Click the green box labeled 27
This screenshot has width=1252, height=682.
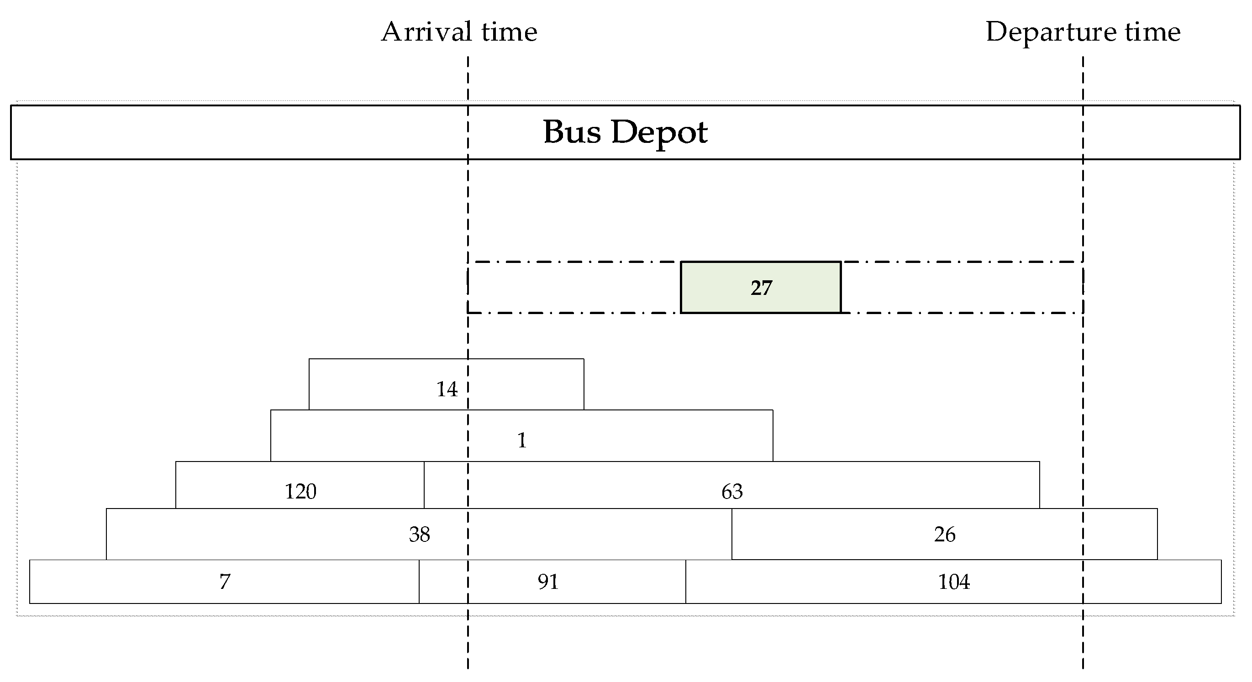(x=761, y=288)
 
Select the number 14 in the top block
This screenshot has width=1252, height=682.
(x=447, y=389)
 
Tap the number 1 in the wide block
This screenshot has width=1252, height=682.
(x=521, y=441)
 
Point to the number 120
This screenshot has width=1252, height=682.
(x=300, y=492)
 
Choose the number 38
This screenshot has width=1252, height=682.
(x=420, y=535)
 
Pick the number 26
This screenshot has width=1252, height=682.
(x=944, y=535)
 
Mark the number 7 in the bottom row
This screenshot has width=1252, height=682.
(x=225, y=582)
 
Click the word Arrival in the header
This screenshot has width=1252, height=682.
(x=426, y=32)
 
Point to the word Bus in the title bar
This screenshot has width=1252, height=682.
(x=572, y=131)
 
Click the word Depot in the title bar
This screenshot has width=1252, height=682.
(x=659, y=132)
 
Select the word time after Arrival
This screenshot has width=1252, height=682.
(x=510, y=32)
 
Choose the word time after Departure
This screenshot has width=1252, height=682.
(x=1153, y=32)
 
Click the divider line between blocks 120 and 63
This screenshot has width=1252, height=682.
(x=424, y=485)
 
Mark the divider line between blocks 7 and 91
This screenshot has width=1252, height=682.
(x=419, y=582)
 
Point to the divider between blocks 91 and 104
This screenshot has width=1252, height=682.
(x=686, y=582)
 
